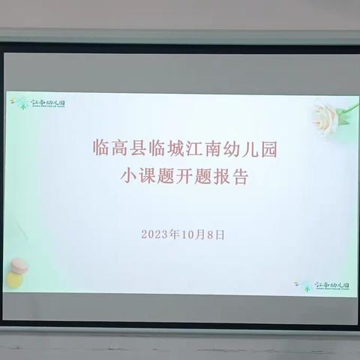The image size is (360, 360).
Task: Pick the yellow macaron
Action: (x=15, y=280)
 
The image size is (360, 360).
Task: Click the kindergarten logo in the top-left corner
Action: (x=38, y=103)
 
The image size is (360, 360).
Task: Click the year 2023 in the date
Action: (x=154, y=234)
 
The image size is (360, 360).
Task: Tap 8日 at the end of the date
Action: (x=215, y=234)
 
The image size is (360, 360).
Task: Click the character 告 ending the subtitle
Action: (x=239, y=178)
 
